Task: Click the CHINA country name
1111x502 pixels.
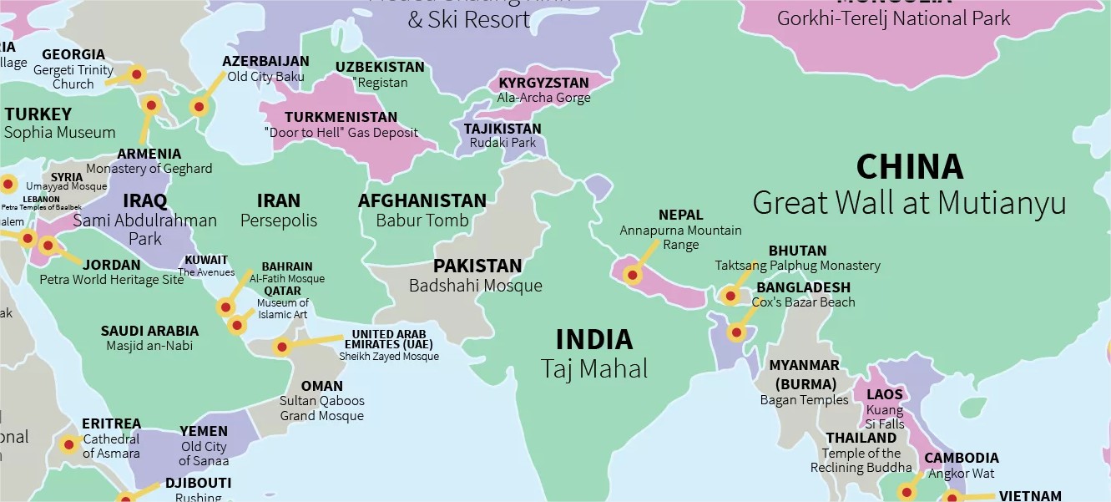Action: pyautogui.click(x=909, y=167)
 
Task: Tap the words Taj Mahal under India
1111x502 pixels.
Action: pyautogui.click(x=593, y=368)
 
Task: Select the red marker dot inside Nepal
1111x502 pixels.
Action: pyautogui.click(x=633, y=275)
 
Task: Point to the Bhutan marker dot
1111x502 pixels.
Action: pyautogui.click(x=730, y=296)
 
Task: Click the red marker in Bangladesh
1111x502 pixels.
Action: pyautogui.click(x=735, y=333)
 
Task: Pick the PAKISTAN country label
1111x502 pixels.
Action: pyautogui.click(x=477, y=266)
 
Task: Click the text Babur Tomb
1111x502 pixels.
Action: pyautogui.click(x=422, y=221)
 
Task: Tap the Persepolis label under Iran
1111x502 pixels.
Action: pyautogui.click(x=279, y=221)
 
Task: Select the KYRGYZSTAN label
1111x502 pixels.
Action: pyautogui.click(x=543, y=83)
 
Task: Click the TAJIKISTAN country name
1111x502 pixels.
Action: pyautogui.click(x=502, y=129)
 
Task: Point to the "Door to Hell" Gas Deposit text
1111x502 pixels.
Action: pyautogui.click(x=341, y=133)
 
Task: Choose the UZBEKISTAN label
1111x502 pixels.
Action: pyautogui.click(x=380, y=67)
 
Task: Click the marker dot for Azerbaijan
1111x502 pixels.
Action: pyautogui.click(x=199, y=107)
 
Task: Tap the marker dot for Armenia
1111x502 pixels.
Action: pyautogui.click(x=151, y=105)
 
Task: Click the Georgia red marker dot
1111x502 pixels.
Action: pyautogui.click(x=138, y=74)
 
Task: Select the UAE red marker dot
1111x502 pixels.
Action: pyautogui.click(x=282, y=347)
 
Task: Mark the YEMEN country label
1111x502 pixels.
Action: pyautogui.click(x=204, y=431)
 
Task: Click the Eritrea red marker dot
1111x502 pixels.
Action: pyautogui.click(x=69, y=444)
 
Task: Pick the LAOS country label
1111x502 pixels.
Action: pyautogui.click(x=885, y=394)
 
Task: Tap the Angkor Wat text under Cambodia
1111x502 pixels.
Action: pyautogui.click(x=961, y=474)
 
